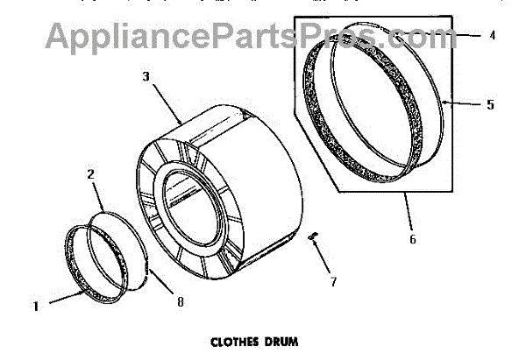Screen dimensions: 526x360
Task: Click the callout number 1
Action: (36, 306)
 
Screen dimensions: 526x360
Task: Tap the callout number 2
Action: (89, 175)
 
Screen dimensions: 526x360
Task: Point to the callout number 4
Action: (492, 36)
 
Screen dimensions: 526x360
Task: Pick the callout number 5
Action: (490, 104)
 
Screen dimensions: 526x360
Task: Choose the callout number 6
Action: (412, 238)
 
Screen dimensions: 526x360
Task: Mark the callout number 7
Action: (331, 282)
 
